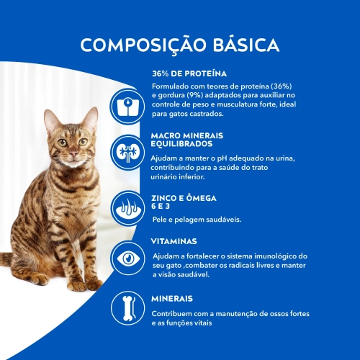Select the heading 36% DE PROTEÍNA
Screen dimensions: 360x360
[189, 73]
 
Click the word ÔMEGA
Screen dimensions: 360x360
[200, 197]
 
